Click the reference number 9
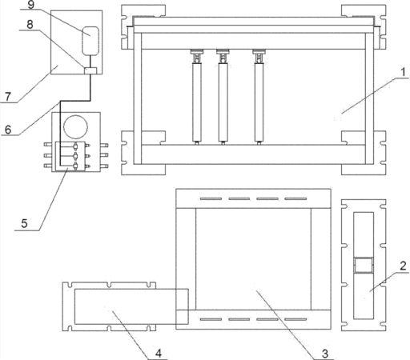pos(31,5)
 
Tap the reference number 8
pos(30,24)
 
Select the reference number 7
pos(8,96)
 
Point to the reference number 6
pos(8,130)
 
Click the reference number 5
pos(24,223)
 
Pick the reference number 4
pos(159,354)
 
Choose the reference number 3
pos(325,354)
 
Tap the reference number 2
pos(403,266)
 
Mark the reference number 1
pos(403,72)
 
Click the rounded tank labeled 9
pos(90,41)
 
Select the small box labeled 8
pos(90,70)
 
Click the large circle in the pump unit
pos(75,127)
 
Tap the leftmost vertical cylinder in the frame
pos(197,102)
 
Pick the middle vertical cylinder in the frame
pos(223,102)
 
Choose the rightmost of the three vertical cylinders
pos(259,102)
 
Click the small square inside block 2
pos(363,265)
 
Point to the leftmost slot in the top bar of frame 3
pos(211,198)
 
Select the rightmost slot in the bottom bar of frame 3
pos(295,319)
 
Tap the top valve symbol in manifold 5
pos(75,146)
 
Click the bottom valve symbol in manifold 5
pos(75,166)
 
